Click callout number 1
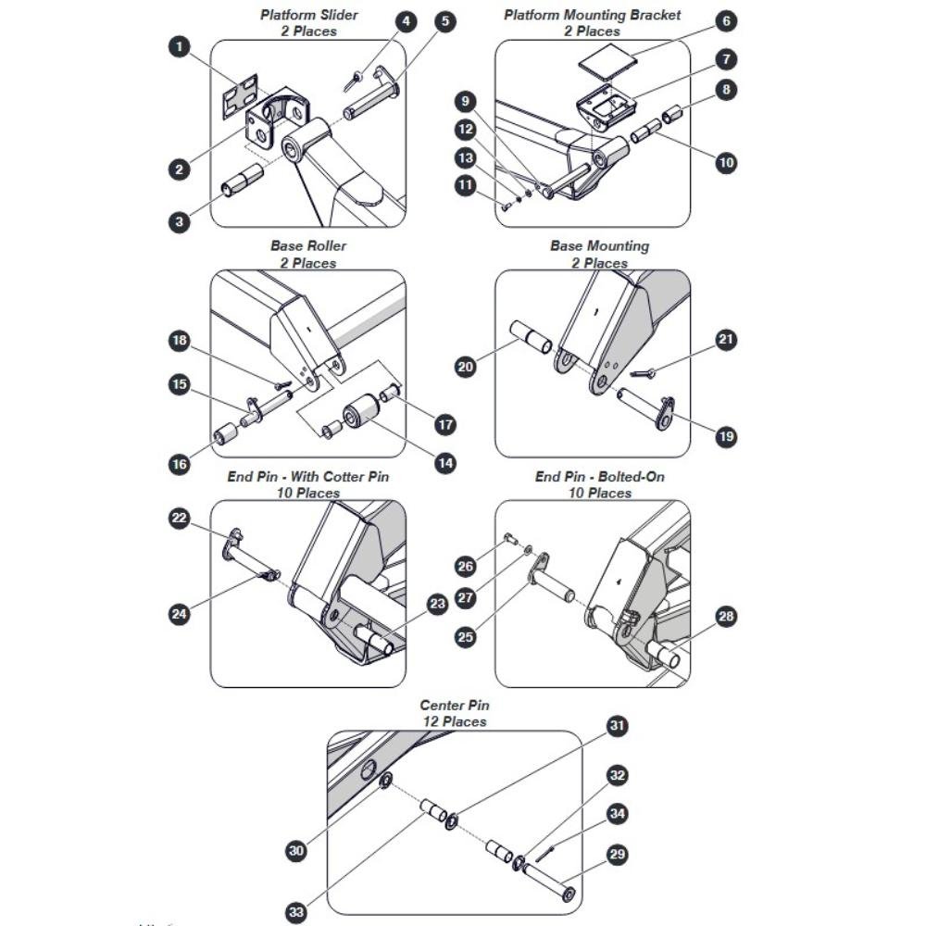point(180,46)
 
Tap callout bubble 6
point(726,21)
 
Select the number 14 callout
point(445,463)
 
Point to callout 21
point(726,339)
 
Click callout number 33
point(296,912)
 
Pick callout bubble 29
point(617,854)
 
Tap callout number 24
point(179,614)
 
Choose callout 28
point(726,617)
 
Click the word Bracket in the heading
point(655,15)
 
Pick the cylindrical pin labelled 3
point(242,181)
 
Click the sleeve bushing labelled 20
point(531,337)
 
